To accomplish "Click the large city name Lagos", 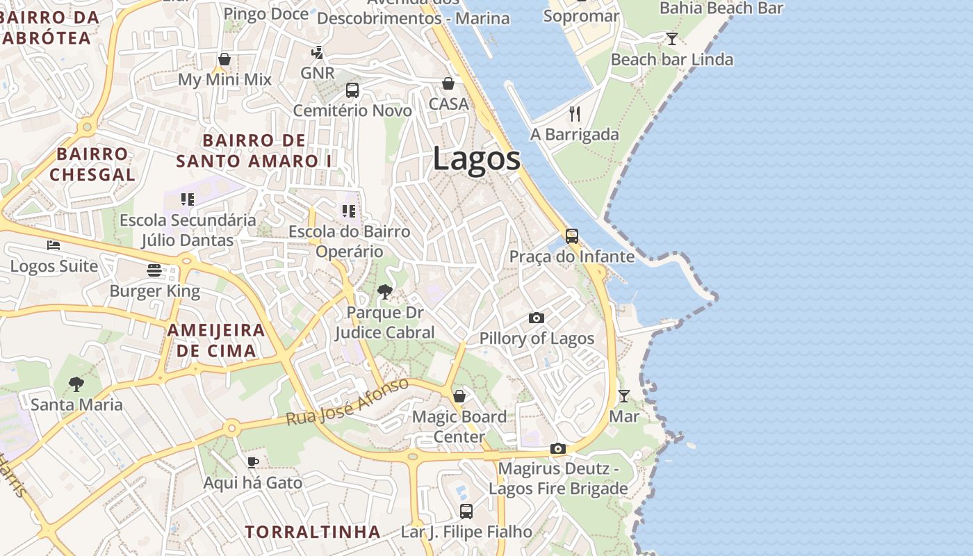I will click(476, 158).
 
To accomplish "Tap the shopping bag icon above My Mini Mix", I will click(224, 59).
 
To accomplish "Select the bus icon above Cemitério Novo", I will click(352, 90).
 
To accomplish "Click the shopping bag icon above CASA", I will click(448, 83).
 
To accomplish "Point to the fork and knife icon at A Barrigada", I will click(575, 114).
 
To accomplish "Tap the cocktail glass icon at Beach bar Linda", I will click(671, 39).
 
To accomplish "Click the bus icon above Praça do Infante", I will click(572, 236).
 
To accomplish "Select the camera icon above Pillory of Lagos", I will click(537, 318).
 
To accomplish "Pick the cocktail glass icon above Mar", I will click(624, 396).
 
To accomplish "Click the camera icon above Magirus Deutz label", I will click(558, 449).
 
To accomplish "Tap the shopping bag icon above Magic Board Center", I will click(459, 396).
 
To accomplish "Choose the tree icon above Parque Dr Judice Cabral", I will click(384, 292).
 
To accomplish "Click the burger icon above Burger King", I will click(154, 270).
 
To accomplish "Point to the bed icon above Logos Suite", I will click(54, 245).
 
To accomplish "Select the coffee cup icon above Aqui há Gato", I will click(253, 462).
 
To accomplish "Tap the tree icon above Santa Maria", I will click(76, 384).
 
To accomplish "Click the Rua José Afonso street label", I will click(347, 402).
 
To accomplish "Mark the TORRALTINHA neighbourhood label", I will click(312, 532).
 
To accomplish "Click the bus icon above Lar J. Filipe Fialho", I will click(466, 512).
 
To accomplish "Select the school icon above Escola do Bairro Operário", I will click(349, 211).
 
